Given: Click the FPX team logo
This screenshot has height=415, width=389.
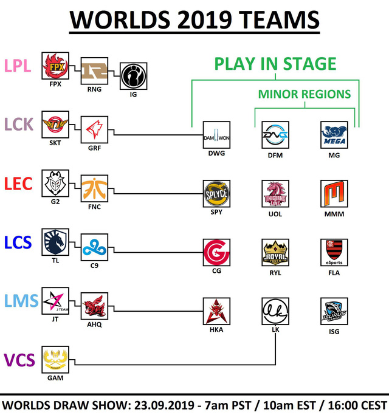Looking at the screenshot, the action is click(x=55, y=66).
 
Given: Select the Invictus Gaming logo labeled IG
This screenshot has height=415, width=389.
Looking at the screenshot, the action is click(x=134, y=76).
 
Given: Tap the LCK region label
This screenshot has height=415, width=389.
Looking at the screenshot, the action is click(x=19, y=125).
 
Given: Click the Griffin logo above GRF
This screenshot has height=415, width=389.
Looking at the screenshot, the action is click(x=94, y=129).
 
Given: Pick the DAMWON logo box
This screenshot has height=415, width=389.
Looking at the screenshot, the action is click(x=216, y=135).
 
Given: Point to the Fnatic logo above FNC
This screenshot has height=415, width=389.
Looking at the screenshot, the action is click(x=94, y=188).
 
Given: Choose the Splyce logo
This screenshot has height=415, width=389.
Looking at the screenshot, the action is click(x=216, y=194).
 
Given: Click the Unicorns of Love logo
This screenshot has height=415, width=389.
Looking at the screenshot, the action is click(x=275, y=194).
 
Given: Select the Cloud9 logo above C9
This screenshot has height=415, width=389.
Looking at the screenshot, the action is click(x=94, y=247).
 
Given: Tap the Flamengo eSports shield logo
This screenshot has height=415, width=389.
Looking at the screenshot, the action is click(x=334, y=253).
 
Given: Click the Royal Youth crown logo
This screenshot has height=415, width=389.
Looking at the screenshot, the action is click(x=275, y=253).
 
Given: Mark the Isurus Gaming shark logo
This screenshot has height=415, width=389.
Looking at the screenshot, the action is click(x=334, y=311).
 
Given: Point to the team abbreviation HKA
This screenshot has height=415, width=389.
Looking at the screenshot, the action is click(x=216, y=329).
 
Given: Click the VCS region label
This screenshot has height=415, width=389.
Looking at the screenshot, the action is click(x=19, y=360).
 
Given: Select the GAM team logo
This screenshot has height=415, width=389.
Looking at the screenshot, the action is click(x=55, y=360).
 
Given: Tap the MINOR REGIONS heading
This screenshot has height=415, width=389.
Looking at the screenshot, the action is click(x=305, y=94).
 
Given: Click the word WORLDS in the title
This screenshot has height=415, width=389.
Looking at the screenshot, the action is click(x=120, y=20).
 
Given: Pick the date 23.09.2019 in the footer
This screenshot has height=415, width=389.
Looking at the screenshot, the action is click(x=165, y=405).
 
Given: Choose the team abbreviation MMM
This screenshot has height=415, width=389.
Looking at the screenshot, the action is click(x=334, y=214).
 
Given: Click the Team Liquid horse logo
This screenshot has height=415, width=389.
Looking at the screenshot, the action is click(x=55, y=242).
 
